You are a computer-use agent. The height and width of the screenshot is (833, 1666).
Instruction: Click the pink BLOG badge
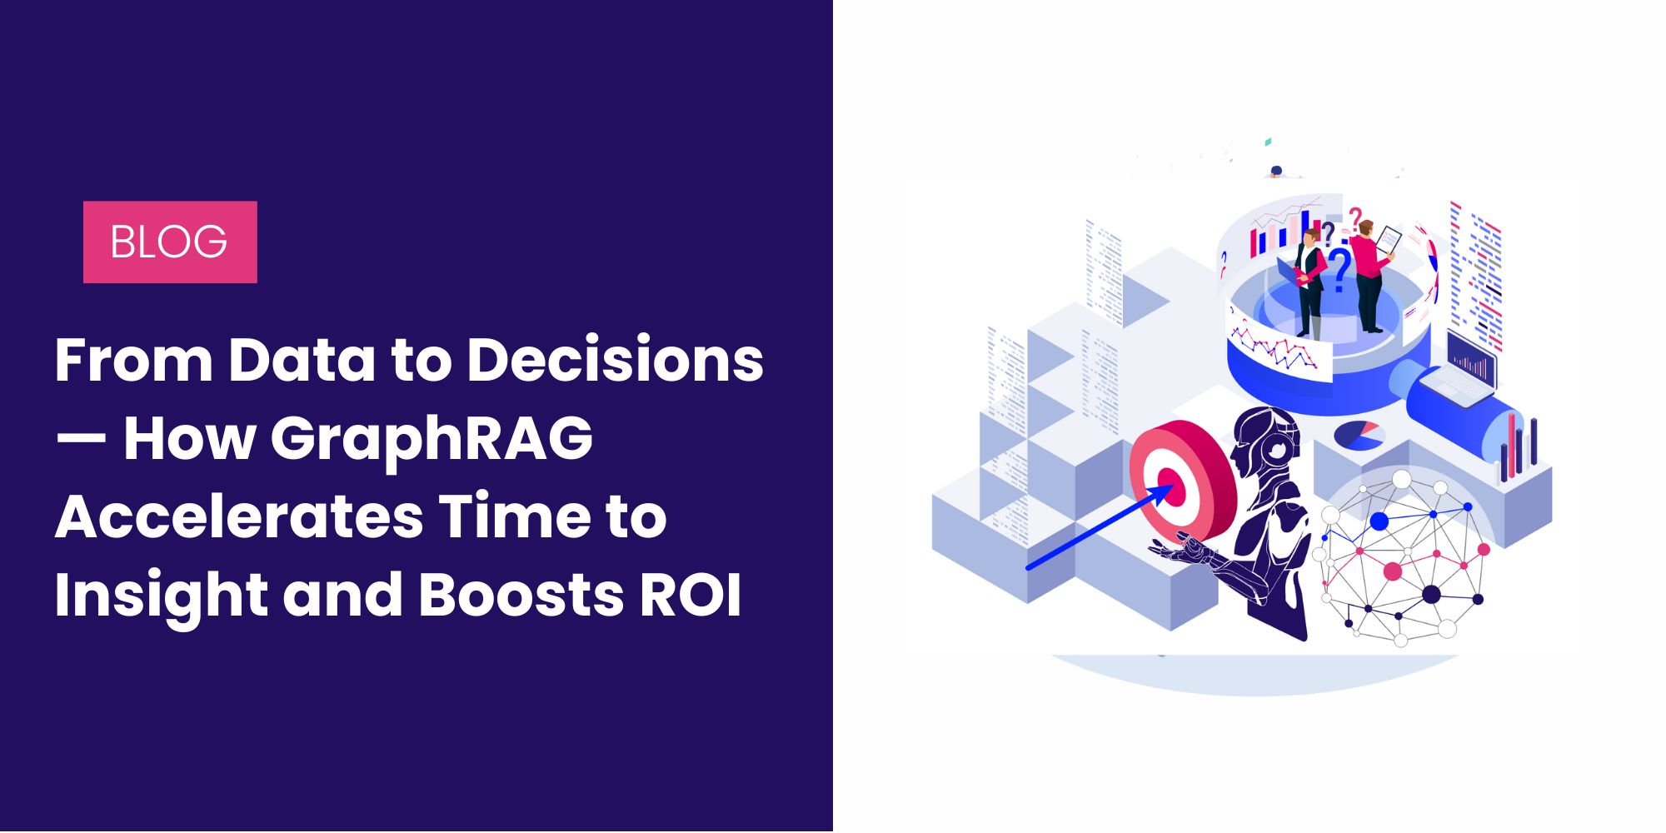tap(170, 242)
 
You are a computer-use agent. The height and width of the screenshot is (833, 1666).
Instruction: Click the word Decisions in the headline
tap(615, 360)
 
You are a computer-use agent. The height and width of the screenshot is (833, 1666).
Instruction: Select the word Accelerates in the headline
tap(239, 516)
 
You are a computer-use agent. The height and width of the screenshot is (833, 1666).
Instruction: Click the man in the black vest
tap(1309, 283)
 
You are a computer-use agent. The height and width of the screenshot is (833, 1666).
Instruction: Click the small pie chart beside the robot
tap(1359, 435)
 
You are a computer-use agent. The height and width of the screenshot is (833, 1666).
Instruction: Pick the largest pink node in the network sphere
tap(1392, 571)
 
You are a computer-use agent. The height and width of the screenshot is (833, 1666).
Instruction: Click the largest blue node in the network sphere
tap(1379, 521)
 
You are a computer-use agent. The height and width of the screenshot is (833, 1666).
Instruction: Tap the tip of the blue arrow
tap(1174, 486)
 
